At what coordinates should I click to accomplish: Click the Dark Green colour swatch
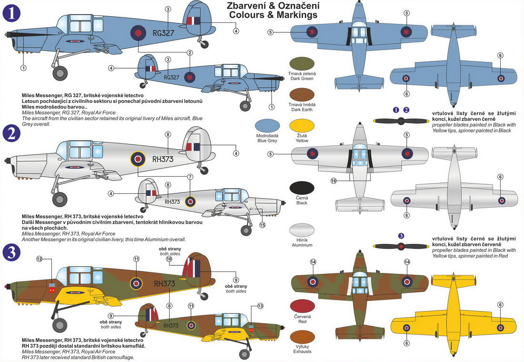coord(302,63)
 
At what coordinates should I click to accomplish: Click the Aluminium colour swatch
coord(302,230)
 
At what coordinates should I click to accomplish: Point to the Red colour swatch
coord(302,307)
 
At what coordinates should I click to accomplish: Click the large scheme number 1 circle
coord(11,12)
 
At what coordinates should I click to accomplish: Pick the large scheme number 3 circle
coord(11,253)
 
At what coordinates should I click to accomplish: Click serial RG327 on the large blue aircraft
coord(163,33)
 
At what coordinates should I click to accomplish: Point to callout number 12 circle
coord(40,259)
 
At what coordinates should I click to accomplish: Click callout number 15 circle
coord(262,225)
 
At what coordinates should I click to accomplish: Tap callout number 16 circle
coord(333,181)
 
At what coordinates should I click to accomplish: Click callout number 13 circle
coord(260,306)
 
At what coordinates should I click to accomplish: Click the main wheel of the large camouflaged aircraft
coord(60,325)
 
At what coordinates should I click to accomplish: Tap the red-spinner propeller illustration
coord(402,246)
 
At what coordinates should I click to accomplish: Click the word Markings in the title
coord(298,15)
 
